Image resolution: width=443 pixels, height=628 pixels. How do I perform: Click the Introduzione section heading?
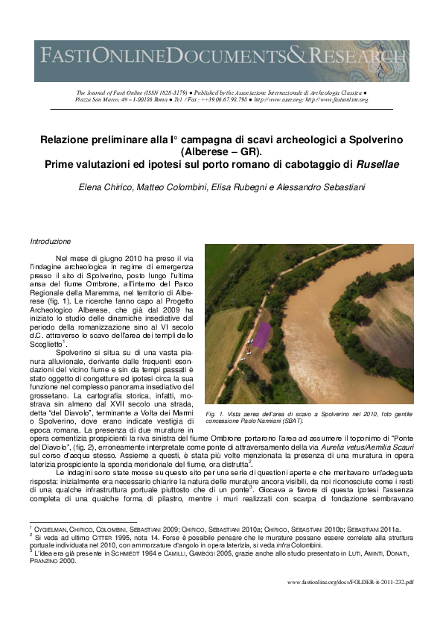51,242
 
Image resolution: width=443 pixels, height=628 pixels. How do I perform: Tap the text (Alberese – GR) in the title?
221,152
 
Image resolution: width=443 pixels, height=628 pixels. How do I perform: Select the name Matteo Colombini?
161,188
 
